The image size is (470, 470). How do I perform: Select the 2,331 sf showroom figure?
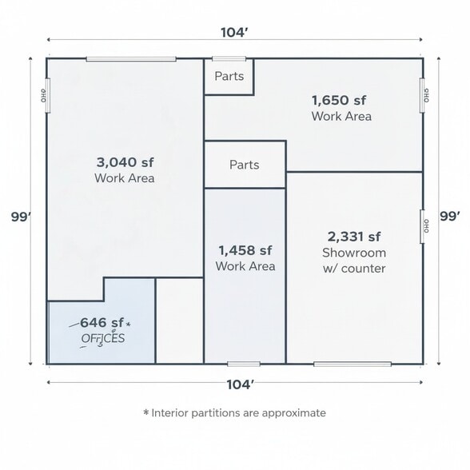coord(353,237)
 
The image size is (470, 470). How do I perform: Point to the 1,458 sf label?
coord(245,250)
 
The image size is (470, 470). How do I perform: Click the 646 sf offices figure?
coord(102,323)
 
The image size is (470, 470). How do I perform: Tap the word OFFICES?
coord(103,338)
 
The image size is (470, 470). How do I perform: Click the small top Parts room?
coord(229,77)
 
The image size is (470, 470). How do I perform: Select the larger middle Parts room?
coord(245,165)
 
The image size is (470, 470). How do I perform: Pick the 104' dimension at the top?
coord(233,33)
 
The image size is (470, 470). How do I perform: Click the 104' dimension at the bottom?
coord(239,384)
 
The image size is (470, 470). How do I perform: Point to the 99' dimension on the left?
coord(21,217)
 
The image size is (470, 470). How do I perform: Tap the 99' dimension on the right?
coord(450,216)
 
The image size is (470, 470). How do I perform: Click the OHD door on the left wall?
coord(46,95)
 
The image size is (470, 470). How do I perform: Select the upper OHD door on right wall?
coord(424,95)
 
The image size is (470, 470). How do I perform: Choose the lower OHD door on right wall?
coord(424,226)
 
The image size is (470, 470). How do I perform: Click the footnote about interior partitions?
coord(234,413)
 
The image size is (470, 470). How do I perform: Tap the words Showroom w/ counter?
coord(353,261)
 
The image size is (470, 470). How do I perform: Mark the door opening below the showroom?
coord(352,364)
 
